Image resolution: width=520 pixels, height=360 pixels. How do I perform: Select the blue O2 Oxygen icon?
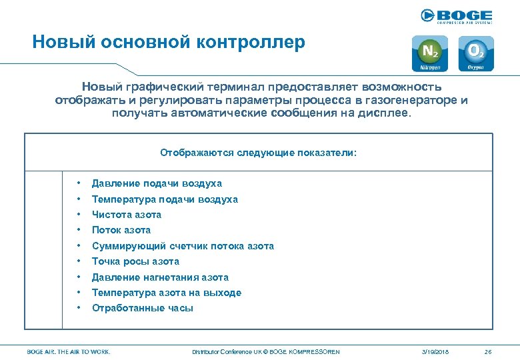pyautogui.click(x=476, y=53)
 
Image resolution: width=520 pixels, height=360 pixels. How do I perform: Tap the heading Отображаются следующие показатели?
pyautogui.click(x=259, y=153)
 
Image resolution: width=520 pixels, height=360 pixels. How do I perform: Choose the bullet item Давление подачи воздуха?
pyautogui.click(x=157, y=183)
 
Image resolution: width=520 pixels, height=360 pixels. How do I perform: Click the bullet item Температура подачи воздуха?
pyautogui.click(x=165, y=199)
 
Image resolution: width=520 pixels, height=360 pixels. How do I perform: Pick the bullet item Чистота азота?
pyautogui.click(x=127, y=215)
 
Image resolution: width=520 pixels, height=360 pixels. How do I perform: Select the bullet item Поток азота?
pyautogui.click(x=121, y=230)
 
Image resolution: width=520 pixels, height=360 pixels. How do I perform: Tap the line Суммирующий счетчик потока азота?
pyautogui.click(x=183, y=246)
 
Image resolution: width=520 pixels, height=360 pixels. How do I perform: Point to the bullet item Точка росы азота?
pyautogui.click(x=135, y=261)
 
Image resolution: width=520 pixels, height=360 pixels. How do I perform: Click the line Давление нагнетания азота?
pyautogui.click(x=160, y=277)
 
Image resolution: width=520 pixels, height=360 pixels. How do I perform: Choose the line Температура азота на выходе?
pyautogui.click(x=167, y=293)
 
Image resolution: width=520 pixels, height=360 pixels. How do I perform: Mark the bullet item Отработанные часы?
pyautogui.click(x=143, y=308)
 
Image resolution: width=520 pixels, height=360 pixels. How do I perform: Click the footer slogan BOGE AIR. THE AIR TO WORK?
pyautogui.click(x=69, y=351)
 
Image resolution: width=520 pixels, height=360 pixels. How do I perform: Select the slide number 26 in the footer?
pyautogui.click(x=488, y=351)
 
